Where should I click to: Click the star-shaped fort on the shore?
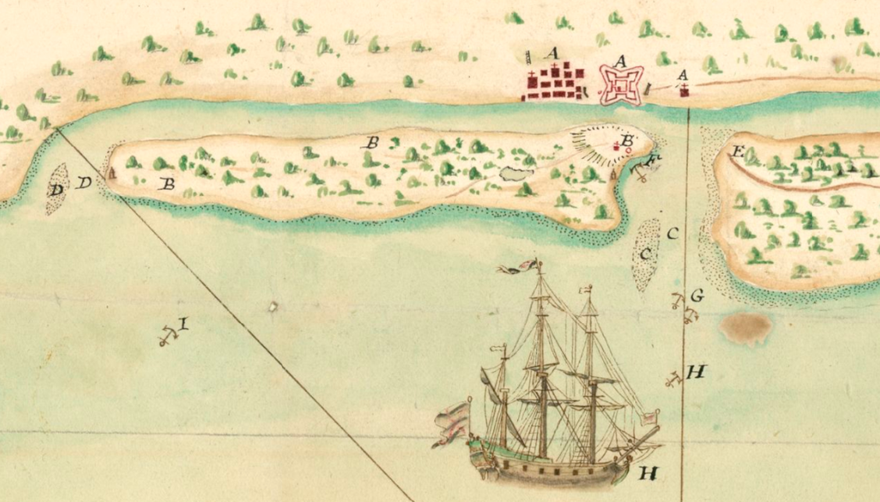click(x=622, y=84)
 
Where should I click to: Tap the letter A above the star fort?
click(x=622, y=59)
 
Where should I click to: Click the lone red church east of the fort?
click(x=684, y=91)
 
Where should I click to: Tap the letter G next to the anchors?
click(x=697, y=295)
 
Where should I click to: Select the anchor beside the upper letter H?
click(x=672, y=379)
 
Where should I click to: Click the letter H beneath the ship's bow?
click(x=648, y=472)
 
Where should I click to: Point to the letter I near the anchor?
click(x=183, y=322)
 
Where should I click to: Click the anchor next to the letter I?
click(x=165, y=336)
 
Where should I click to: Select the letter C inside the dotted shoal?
click(x=645, y=254)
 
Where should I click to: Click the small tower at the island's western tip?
click(x=111, y=173)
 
